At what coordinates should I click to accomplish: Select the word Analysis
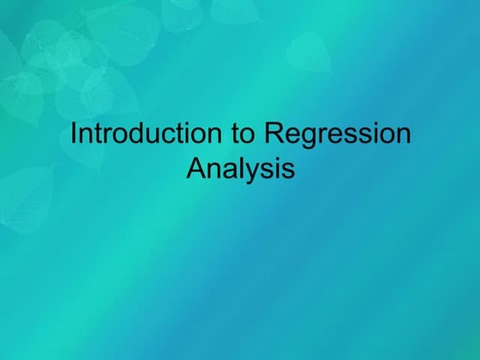(x=240, y=167)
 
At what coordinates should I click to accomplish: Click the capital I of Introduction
(x=73, y=135)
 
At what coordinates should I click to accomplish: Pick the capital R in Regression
(x=273, y=135)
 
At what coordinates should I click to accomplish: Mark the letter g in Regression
(x=307, y=139)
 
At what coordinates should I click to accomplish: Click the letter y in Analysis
(x=254, y=171)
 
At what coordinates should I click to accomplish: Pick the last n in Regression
(x=403, y=137)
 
